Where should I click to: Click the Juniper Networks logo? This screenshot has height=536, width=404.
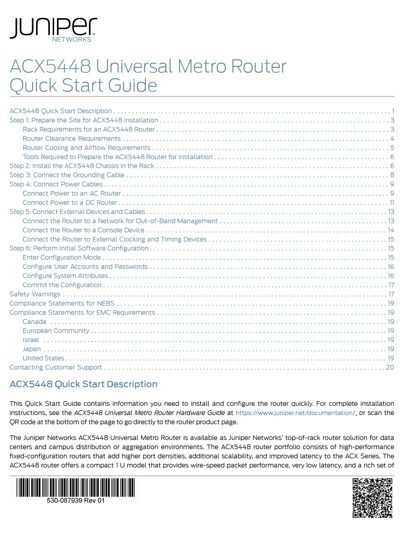53,30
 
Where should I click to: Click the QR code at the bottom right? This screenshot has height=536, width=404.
372,498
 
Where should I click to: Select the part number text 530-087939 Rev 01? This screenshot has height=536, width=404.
75,501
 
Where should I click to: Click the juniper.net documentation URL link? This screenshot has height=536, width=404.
295,413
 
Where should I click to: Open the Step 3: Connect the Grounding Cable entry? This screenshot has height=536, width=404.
67,175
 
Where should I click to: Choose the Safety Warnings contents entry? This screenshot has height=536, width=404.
35,294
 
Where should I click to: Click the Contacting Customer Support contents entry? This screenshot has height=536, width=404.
56,367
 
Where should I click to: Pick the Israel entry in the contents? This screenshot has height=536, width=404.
31,339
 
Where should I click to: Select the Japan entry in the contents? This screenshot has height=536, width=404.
31,349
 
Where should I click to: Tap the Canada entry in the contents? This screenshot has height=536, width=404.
34,322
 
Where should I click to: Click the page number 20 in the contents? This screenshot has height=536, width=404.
390,367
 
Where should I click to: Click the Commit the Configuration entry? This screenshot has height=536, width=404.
62,285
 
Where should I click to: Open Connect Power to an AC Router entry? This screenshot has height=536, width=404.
71,193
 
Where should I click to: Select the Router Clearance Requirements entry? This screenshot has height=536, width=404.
71,138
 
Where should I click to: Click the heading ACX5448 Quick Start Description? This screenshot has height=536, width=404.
83,384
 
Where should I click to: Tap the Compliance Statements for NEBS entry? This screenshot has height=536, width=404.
62,303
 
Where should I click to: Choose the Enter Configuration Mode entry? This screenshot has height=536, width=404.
62,257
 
